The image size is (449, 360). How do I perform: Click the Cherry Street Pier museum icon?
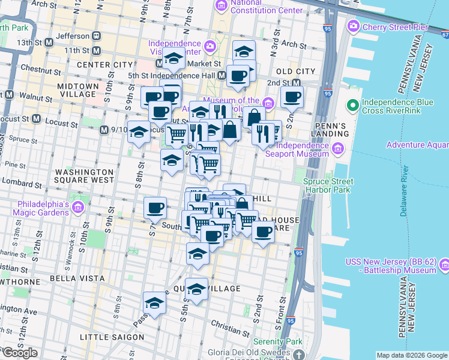pos(354,27)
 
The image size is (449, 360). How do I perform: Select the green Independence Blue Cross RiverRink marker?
pos(352,106)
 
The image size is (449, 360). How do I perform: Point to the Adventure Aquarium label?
pos(418,145)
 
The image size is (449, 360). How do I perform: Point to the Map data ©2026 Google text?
pos(411,355)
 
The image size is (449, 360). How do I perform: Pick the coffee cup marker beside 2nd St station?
pos(292,97)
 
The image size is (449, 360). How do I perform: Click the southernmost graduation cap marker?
pos(155,304)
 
